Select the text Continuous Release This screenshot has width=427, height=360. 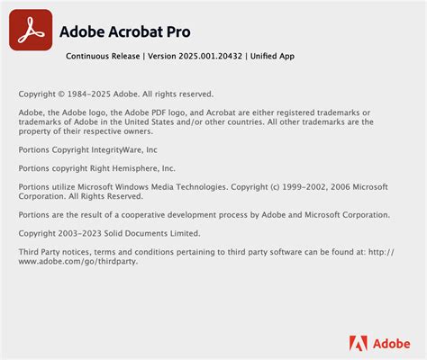tap(103, 56)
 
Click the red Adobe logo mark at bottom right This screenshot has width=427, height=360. tap(358, 342)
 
